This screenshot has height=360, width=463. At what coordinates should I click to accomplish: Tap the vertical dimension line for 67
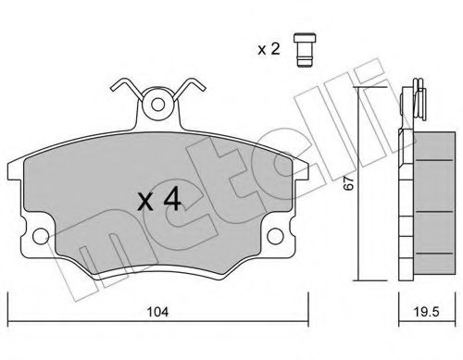click(359, 185)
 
